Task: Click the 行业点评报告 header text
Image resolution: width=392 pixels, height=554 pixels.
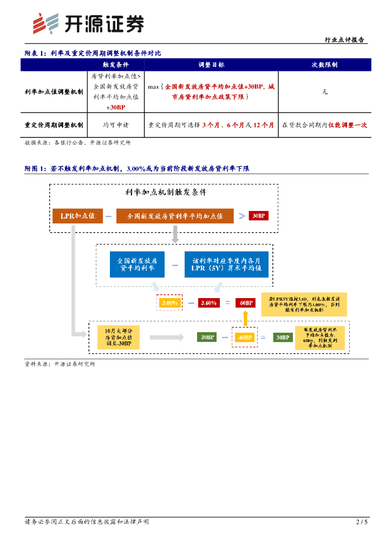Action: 344,40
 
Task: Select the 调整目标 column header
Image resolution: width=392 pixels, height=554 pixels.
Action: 212,64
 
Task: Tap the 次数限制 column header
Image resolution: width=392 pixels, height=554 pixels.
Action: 325,64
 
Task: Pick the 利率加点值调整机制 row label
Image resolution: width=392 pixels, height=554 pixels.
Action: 54,92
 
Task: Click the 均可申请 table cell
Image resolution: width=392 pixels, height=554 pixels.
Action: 116,125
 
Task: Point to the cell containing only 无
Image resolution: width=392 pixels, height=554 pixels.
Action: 325,92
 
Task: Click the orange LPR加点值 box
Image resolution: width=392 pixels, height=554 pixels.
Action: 77,216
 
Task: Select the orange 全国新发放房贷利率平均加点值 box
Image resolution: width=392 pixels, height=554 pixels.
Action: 175,216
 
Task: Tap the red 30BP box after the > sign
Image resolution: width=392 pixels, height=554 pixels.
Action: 258,216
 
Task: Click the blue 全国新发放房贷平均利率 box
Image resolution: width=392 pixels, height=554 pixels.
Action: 136,264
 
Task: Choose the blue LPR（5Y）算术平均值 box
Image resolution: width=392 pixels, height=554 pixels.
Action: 226,264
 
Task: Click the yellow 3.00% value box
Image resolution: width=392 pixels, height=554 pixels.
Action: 170,303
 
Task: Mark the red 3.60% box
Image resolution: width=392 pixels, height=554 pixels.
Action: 208,303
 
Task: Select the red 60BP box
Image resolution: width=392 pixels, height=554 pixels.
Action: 245,303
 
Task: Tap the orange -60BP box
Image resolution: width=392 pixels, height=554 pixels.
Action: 244,338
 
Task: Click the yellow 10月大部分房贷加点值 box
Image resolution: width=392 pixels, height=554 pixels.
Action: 118,337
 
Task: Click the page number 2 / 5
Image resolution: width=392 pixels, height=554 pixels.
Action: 362,522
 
